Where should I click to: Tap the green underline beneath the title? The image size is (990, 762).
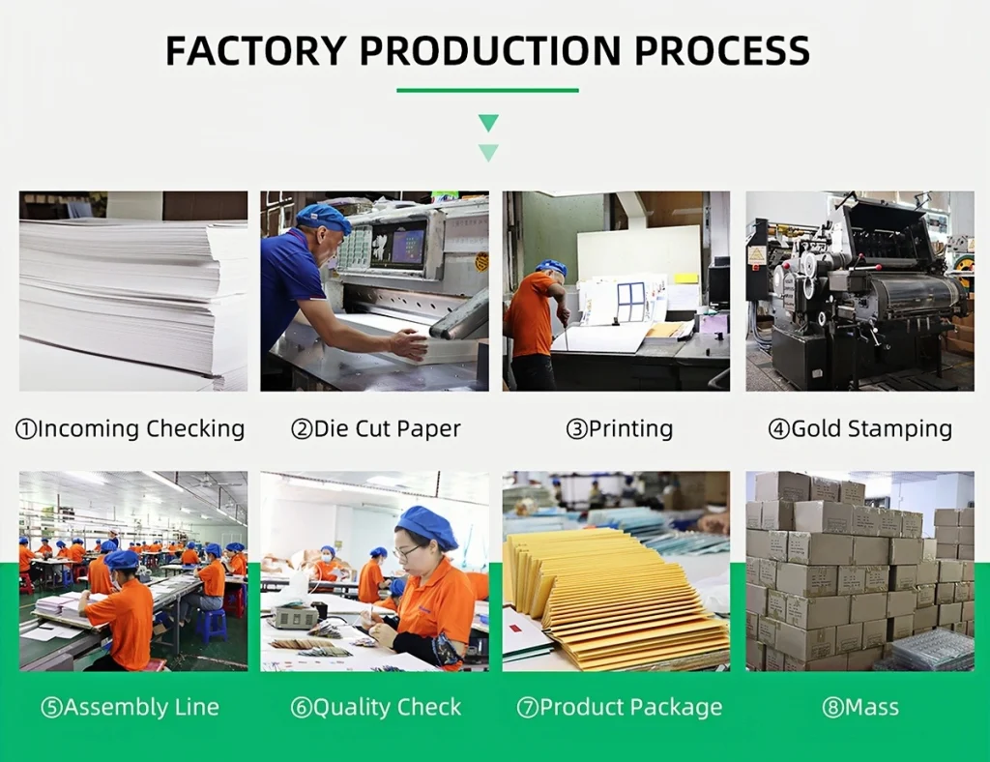click(x=487, y=91)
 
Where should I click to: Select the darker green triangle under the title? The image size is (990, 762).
click(x=488, y=123)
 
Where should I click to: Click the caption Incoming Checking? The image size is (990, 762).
click(x=131, y=429)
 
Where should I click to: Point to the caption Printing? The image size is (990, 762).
click(x=619, y=429)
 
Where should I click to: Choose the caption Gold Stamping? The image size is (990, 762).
click(x=859, y=429)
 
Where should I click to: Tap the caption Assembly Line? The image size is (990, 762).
click(x=131, y=708)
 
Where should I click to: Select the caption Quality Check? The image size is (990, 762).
click(x=376, y=708)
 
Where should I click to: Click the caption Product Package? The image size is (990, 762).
click(x=620, y=708)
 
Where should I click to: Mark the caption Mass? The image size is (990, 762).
click(x=859, y=708)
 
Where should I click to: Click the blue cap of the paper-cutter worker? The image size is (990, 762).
click(x=323, y=218)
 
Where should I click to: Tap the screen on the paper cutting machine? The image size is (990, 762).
click(x=398, y=244)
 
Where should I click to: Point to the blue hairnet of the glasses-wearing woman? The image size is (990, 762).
click(x=426, y=526)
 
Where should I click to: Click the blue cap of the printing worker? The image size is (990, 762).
click(x=552, y=267)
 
